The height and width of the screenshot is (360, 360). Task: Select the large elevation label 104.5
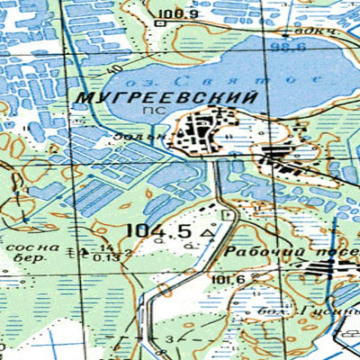click(x=159, y=230)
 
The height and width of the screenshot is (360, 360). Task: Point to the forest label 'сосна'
click(x=32, y=245)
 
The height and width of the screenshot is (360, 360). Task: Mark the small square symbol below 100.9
click(x=160, y=25)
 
